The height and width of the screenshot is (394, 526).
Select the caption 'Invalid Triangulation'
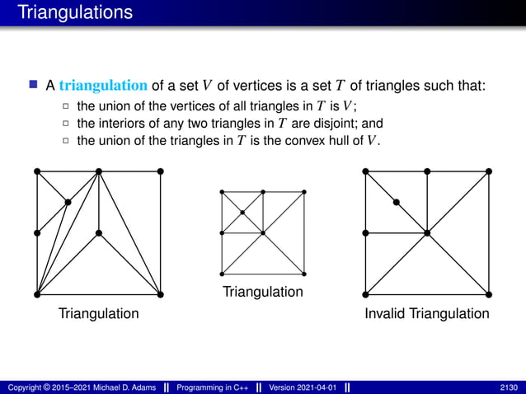pos(428,314)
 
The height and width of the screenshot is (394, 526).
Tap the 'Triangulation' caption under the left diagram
pos(98,314)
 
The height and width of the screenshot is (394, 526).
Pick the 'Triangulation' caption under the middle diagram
pos(263,293)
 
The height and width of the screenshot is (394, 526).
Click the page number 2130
pos(509,387)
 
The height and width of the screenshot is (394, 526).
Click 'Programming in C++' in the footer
pos(213,387)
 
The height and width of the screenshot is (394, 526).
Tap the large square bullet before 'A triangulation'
pos(34,85)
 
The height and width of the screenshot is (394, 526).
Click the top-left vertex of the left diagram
pos(37,171)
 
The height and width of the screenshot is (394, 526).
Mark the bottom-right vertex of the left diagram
pos(160,293)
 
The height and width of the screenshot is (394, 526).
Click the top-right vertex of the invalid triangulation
pos(489,171)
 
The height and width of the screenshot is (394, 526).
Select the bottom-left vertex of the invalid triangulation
pos(365,293)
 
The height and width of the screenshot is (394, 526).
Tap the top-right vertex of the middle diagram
pos(305,191)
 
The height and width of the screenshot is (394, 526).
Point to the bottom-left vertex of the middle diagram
pos(221,273)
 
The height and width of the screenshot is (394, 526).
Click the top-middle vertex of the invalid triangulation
pos(427,171)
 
